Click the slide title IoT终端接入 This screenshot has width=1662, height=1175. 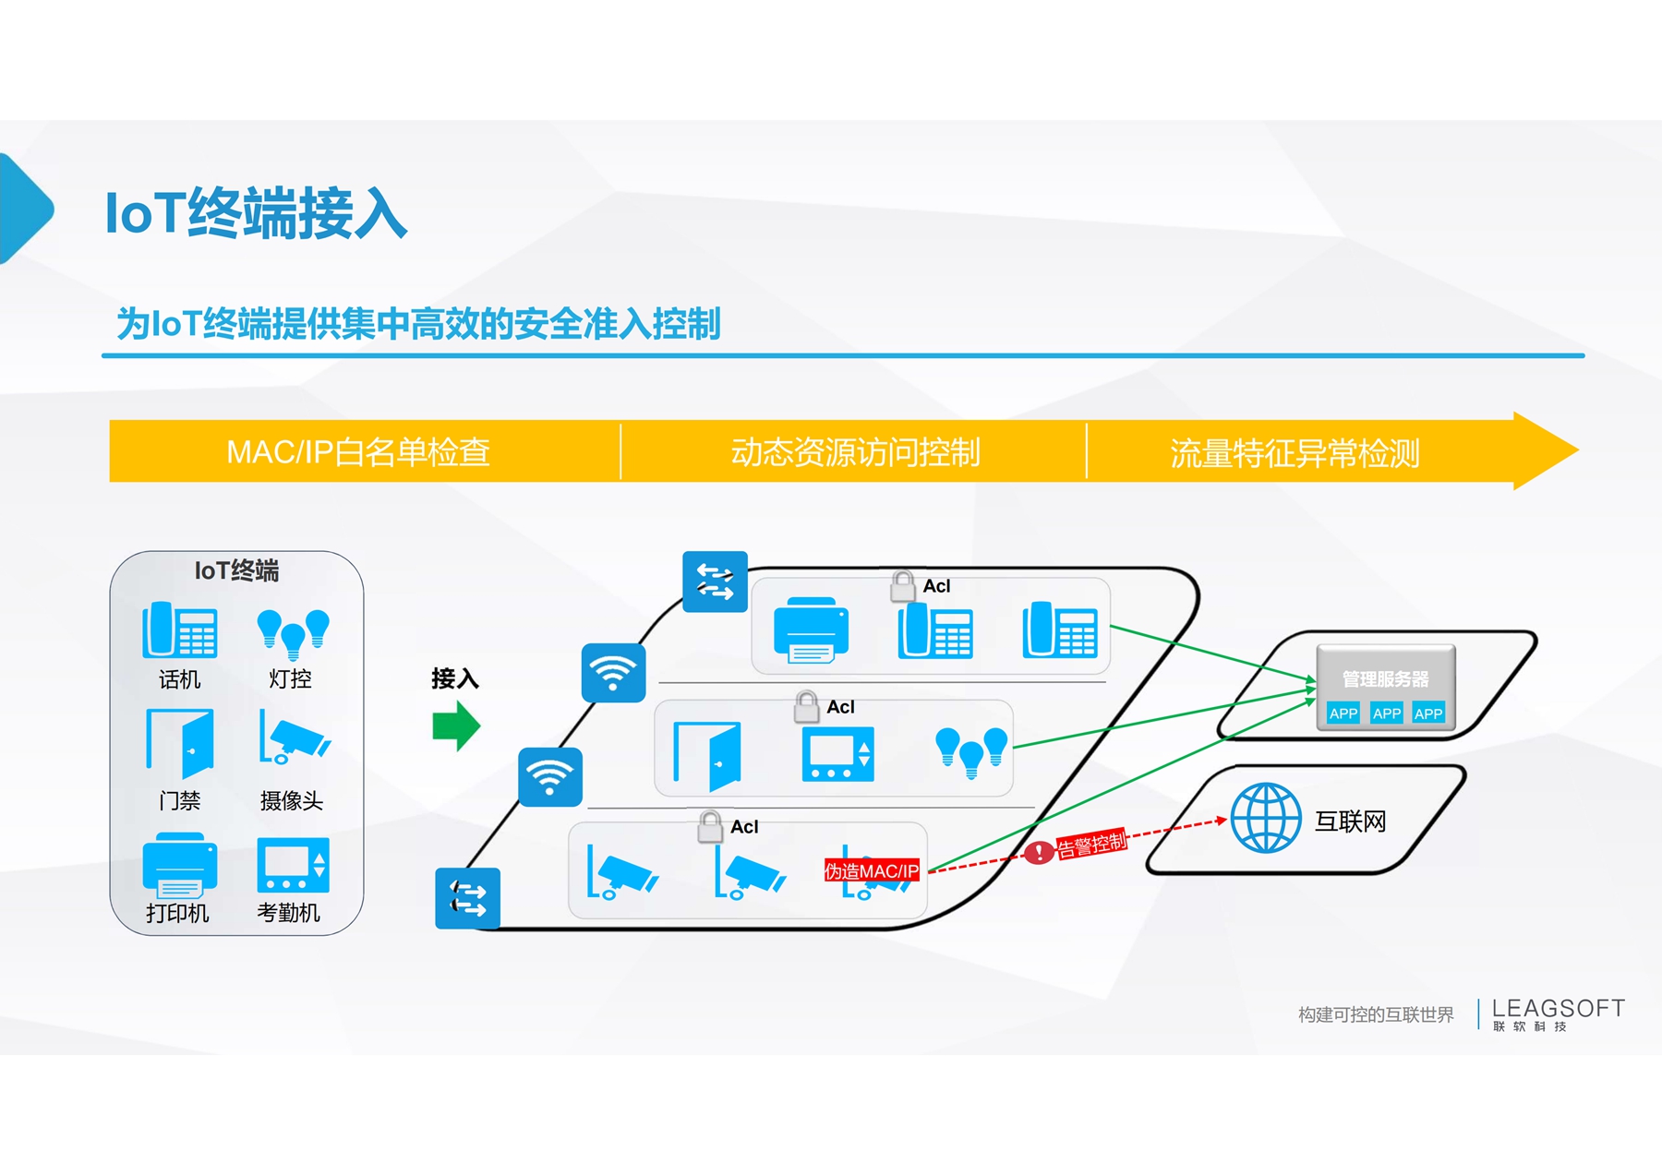coord(256,213)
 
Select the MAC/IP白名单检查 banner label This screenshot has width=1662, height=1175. coord(358,452)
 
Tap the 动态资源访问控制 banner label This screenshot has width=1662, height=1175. coord(855,452)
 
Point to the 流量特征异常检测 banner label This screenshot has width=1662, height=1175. coord(1295,453)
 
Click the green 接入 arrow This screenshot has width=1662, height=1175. coord(456,725)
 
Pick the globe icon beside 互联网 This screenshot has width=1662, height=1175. coord(1266,818)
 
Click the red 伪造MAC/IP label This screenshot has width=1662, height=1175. coord(872,870)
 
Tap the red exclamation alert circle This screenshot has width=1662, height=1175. coord(1039,851)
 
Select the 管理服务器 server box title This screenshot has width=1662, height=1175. coord(1385,679)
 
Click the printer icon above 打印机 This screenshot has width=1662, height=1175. coord(180,865)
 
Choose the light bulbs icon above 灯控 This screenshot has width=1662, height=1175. coord(293,633)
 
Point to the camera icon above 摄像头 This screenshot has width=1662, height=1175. coord(295,737)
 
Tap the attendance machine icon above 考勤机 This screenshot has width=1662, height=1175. coord(293,865)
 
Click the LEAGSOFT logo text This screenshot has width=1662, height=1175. coord(1558,1008)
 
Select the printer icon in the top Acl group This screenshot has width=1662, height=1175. coord(811,630)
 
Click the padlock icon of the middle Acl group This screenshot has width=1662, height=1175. coord(806,707)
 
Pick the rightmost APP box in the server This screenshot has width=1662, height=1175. coord(1427,713)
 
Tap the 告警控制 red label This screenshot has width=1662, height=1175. coord(1091,844)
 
